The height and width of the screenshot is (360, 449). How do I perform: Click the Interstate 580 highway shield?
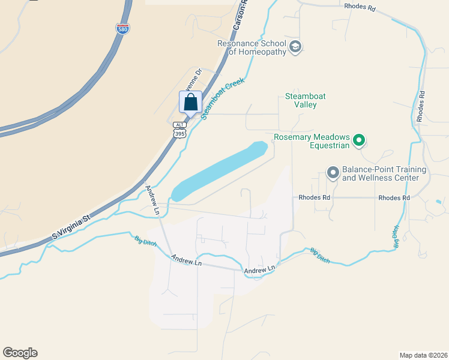tap(122, 29)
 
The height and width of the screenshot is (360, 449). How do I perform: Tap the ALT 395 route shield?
tap(179, 130)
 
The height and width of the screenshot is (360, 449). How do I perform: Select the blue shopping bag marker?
tap(190, 103)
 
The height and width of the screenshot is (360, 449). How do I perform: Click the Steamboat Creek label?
tap(216, 99)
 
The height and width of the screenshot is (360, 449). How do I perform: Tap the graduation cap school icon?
tap(295, 47)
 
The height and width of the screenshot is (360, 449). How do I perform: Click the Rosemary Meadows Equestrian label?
tap(312, 141)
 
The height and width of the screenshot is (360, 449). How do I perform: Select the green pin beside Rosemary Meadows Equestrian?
tap(359, 141)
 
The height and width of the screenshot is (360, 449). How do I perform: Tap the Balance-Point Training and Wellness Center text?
tap(384, 174)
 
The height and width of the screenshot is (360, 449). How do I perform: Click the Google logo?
tap(20, 353)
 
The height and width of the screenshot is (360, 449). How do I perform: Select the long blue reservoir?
tap(219, 172)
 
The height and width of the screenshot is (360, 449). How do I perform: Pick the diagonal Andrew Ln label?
tap(152, 199)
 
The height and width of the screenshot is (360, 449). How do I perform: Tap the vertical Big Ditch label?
tap(396, 237)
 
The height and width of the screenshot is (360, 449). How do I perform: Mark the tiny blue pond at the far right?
tap(439, 201)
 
